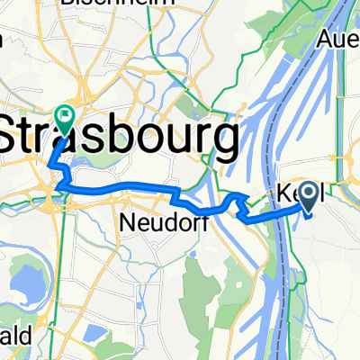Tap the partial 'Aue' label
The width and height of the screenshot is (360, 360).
(x=339, y=40)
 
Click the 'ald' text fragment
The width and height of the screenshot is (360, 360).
(x=15, y=336)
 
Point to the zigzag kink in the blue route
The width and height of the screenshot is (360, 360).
(x=238, y=203)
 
